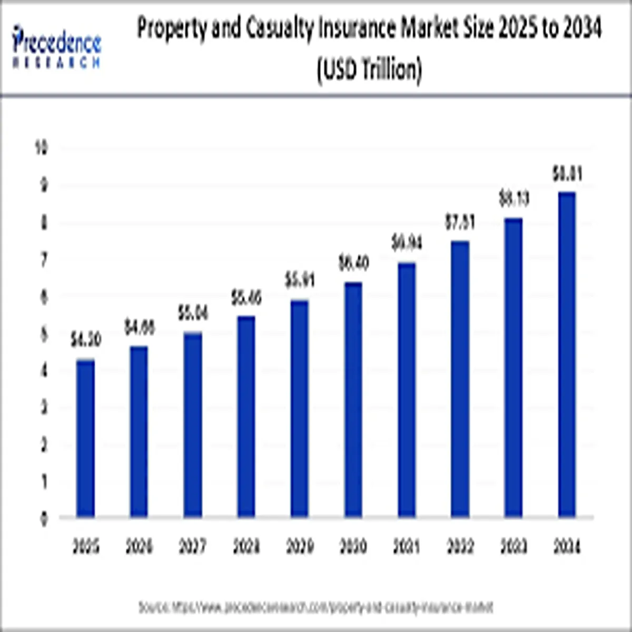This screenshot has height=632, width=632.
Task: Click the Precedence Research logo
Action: coord(56,46)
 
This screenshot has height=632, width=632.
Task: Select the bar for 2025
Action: coord(85,438)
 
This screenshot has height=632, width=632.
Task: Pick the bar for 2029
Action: coord(299,408)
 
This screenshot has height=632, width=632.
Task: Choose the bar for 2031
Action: coord(406,389)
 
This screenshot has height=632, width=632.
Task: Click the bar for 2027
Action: coord(192,424)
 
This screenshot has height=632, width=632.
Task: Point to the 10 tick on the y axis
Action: coord(42,149)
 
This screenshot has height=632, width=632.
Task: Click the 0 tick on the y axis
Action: coord(44,519)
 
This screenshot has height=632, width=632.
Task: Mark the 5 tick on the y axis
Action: coord(44,334)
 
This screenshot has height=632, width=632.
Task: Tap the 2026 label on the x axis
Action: coord(139,547)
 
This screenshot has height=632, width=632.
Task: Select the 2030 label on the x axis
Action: coord(353,547)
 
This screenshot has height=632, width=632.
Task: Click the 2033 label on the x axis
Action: coord(513,547)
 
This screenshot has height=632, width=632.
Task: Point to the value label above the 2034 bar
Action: coord(567,174)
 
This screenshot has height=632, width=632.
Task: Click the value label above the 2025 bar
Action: coord(86,341)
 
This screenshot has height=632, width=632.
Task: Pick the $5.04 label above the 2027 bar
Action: coord(193,313)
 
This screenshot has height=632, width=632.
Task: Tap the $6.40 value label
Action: coord(353,263)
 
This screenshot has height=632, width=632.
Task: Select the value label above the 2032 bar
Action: coord(460,223)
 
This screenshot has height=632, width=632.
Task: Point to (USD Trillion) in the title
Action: coord(369,70)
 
